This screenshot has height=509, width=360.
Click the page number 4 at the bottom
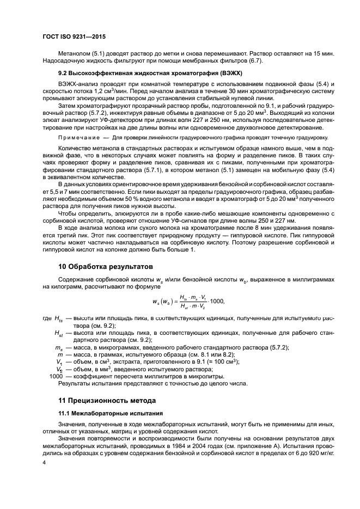[x=44, y=462]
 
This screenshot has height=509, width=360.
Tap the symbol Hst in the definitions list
[x=58, y=333]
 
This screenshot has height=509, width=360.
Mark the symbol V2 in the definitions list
[x=59, y=369]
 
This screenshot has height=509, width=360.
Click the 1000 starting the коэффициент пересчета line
[x=56, y=376]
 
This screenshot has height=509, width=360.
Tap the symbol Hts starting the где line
[x=58, y=319]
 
